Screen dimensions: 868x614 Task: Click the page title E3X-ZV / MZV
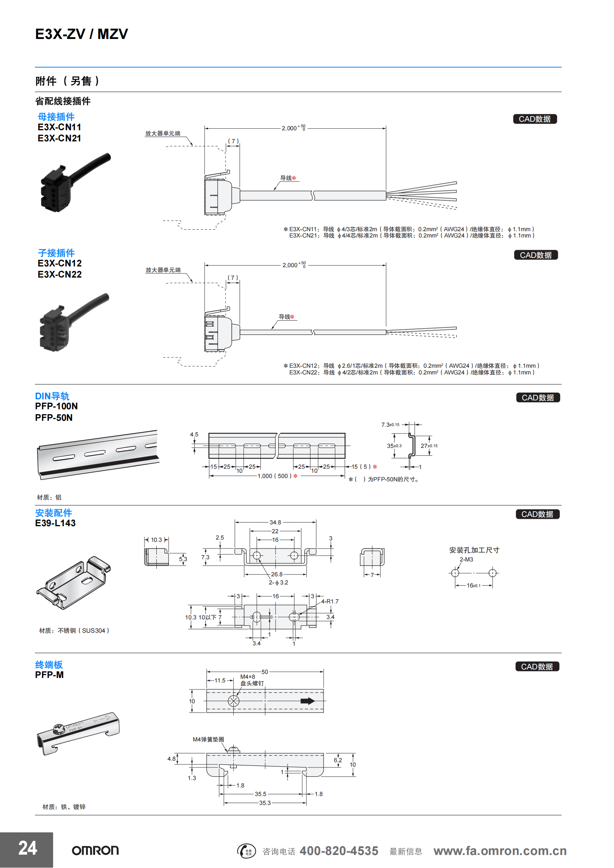81,34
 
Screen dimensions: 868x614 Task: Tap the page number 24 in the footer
27,848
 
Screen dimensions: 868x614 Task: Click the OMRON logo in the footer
95,851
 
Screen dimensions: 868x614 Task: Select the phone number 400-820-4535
339,851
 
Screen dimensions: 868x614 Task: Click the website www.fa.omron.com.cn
500,851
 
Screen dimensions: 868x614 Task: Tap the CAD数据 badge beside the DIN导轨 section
537,398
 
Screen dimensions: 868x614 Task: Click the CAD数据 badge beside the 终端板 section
537,666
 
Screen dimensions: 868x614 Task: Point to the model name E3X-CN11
59,127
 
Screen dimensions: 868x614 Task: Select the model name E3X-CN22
59,275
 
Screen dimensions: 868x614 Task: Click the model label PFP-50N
54,418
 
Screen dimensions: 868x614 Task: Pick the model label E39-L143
55,523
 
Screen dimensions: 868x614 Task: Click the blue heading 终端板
49,665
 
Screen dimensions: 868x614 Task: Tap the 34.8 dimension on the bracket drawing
275,523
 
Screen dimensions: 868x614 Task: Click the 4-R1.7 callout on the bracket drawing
330,602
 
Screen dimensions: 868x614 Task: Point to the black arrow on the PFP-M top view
307,701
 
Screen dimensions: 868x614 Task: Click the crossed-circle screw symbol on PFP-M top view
234,701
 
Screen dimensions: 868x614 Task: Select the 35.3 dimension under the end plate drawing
265,803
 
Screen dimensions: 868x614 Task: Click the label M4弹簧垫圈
208,740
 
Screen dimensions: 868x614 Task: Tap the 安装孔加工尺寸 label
474,550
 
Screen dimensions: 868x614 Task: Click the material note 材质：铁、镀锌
64,807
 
